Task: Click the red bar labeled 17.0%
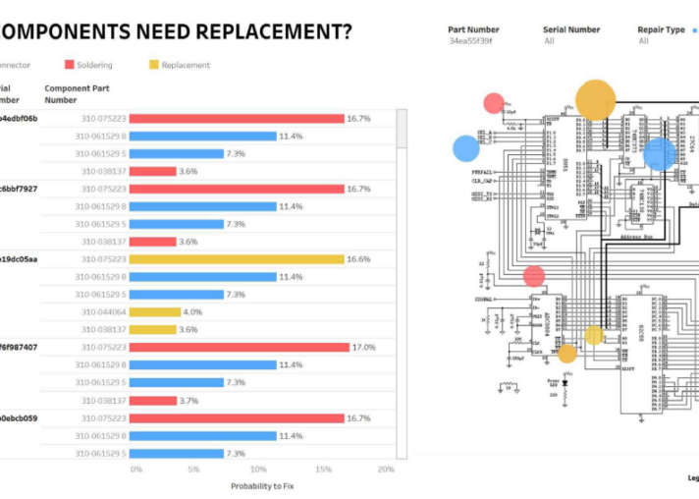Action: coord(239,347)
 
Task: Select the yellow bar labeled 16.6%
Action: coord(236,259)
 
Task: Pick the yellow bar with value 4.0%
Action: coord(154,312)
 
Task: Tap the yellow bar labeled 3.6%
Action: coord(152,330)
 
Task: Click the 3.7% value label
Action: coord(189,401)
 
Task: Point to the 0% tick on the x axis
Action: coord(136,470)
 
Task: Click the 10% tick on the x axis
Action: coord(261,470)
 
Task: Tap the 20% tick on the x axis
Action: coord(385,470)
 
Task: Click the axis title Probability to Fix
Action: coord(262,485)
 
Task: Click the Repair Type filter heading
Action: coord(661,29)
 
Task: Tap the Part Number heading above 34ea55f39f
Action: coord(473,29)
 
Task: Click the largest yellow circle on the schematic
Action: coord(595,100)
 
